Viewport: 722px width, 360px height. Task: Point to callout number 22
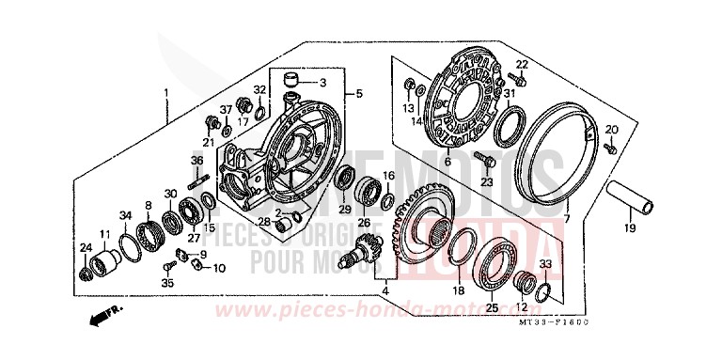pyautogui.click(x=523, y=64)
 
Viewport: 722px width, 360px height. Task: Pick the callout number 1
pyautogui.click(x=166, y=93)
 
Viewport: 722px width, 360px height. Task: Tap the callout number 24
pyautogui.click(x=84, y=248)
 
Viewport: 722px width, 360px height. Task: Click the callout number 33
pyautogui.click(x=546, y=264)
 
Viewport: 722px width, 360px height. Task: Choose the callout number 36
pyautogui.click(x=197, y=161)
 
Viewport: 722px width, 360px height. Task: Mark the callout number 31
pyautogui.click(x=509, y=93)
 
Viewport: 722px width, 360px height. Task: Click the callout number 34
pyautogui.click(x=126, y=216)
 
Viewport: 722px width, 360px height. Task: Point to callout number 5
pyautogui.click(x=357, y=95)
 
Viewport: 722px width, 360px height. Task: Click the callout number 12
pyautogui.click(x=521, y=307)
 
